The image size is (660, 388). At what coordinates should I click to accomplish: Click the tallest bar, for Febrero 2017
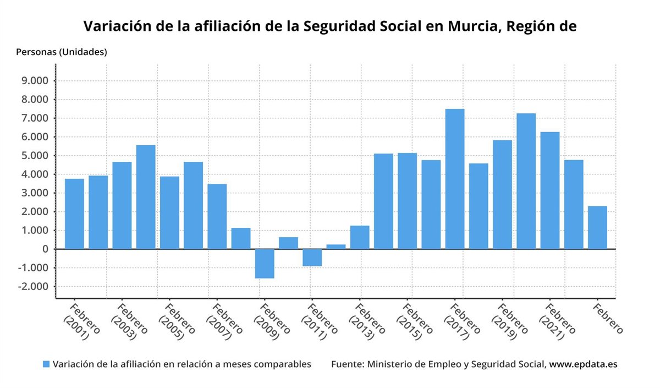(x=455, y=179)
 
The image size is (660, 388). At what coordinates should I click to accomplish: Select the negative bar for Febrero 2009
(x=265, y=264)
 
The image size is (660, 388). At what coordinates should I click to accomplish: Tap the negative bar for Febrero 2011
(x=312, y=258)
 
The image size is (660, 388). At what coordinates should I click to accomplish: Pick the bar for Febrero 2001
(x=74, y=214)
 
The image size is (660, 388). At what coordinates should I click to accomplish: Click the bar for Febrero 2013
(x=360, y=237)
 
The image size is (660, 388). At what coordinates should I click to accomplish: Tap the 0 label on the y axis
(x=46, y=249)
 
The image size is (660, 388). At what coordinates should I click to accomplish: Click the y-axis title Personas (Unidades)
(x=62, y=52)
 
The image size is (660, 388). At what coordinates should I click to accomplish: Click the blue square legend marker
(x=46, y=364)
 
